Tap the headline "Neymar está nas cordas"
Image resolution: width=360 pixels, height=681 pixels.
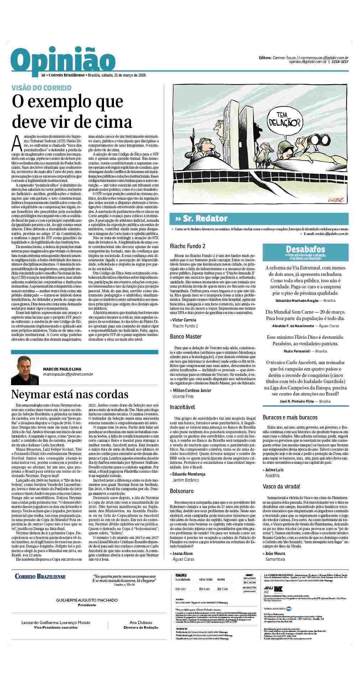(x=70, y=394)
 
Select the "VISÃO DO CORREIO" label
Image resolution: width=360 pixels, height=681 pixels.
(x=41, y=88)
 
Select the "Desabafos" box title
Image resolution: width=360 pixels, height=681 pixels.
(x=305, y=249)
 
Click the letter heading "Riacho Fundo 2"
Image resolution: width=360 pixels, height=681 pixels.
(x=188, y=246)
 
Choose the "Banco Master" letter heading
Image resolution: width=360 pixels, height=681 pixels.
(x=186, y=336)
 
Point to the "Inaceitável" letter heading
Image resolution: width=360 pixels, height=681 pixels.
(x=183, y=407)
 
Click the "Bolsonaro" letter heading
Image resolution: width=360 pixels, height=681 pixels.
(x=182, y=491)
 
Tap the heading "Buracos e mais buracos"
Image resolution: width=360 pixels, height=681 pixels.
(x=290, y=417)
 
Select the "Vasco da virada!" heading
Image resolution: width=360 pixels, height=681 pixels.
(x=281, y=486)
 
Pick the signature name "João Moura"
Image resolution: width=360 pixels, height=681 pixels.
(x=275, y=553)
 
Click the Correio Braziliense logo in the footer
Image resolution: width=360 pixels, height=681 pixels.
(x=40, y=586)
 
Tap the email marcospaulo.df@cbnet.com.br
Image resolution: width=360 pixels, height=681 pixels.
(x=68, y=374)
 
